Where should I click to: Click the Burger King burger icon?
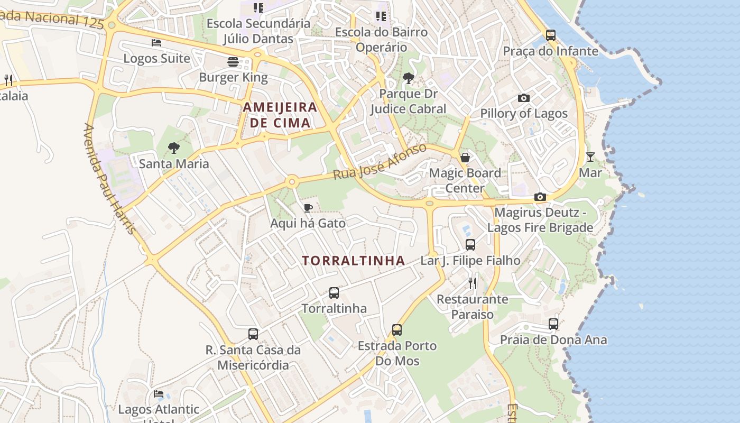233,62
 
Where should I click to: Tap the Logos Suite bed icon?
156,42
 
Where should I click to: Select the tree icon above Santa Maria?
173,148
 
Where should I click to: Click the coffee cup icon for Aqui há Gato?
308,208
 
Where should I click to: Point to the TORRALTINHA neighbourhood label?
354,261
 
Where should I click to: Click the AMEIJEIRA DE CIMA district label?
280,115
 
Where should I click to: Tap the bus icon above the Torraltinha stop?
334,292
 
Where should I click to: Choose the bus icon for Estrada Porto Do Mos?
397,330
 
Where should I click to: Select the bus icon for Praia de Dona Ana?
553,324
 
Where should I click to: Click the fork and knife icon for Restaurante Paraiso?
473,283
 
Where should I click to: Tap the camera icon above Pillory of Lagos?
524,98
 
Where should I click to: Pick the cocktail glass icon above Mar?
590,157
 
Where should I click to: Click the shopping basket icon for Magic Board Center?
465,158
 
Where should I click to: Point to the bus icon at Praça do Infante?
551,35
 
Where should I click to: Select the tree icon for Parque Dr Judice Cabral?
408,79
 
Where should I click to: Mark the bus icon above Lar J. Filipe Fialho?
470,245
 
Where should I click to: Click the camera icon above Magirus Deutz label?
540,197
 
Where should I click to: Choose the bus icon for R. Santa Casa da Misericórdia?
253,334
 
